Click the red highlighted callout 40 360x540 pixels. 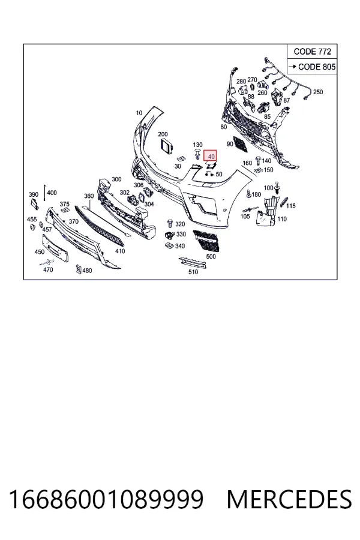(210, 156)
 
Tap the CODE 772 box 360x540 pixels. (312, 52)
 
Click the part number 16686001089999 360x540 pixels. (106, 499)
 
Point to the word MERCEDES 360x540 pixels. (289, 499)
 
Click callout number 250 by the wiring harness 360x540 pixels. (318, 92)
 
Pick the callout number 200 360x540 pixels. (163, 134)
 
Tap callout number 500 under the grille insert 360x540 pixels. (211, 256)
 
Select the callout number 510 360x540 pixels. (193, 272)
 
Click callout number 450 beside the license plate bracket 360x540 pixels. (40, 252)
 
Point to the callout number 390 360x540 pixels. (34, 194)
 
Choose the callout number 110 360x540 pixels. (282, 218)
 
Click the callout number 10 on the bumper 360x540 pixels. (139, 113)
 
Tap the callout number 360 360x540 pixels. (89, 196)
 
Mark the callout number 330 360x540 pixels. (181, 234)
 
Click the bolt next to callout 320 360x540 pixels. (169, 224)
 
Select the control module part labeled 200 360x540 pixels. (167, 146)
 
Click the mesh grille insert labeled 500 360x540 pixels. (206, 241)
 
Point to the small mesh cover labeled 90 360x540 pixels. (240, 143)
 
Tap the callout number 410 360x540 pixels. (120, 251)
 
